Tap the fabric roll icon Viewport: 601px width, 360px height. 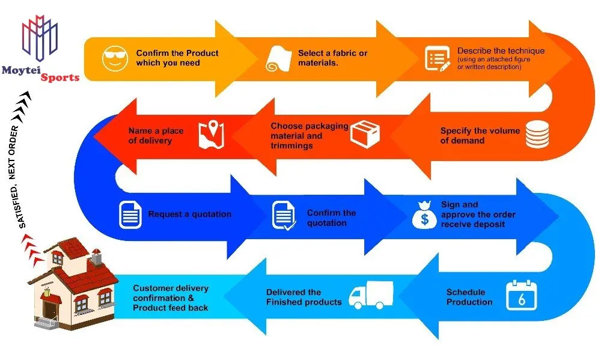[279, 59]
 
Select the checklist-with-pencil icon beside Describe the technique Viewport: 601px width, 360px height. [438, 59]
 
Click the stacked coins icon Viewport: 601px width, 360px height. [537, 134]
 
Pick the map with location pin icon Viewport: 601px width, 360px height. [211, 135]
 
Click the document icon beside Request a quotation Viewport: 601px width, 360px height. [130, 215]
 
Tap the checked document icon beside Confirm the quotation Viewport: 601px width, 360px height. [284, 216]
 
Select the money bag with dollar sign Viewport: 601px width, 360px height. [425, 215]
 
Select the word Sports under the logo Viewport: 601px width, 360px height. [60, 78]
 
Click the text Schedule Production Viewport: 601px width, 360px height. [469, 297]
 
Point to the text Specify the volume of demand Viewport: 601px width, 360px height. [480, 135]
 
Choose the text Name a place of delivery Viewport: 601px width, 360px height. [156, 135]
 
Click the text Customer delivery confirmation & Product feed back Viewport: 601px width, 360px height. [171, 297]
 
